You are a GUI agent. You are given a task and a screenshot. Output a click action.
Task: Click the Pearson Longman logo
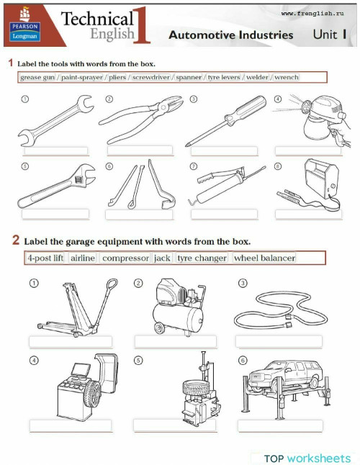point(24,24)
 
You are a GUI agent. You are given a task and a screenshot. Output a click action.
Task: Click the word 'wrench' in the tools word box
point(287,77)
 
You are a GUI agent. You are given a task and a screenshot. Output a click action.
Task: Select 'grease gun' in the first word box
point(36,77)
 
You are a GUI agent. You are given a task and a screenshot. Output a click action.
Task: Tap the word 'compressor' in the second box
point(125,258)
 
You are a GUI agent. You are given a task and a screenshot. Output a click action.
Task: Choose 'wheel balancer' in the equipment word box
point(264,258)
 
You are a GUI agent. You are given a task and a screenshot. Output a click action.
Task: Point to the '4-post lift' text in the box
point(45,258)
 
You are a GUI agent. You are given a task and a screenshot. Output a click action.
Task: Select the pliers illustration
point(137,120)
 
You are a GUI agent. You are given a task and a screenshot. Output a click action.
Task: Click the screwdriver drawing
point(220,122)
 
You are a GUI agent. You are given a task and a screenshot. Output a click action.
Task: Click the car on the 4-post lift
point(284,374)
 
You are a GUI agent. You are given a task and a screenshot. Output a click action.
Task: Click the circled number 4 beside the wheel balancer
point(33,360)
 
